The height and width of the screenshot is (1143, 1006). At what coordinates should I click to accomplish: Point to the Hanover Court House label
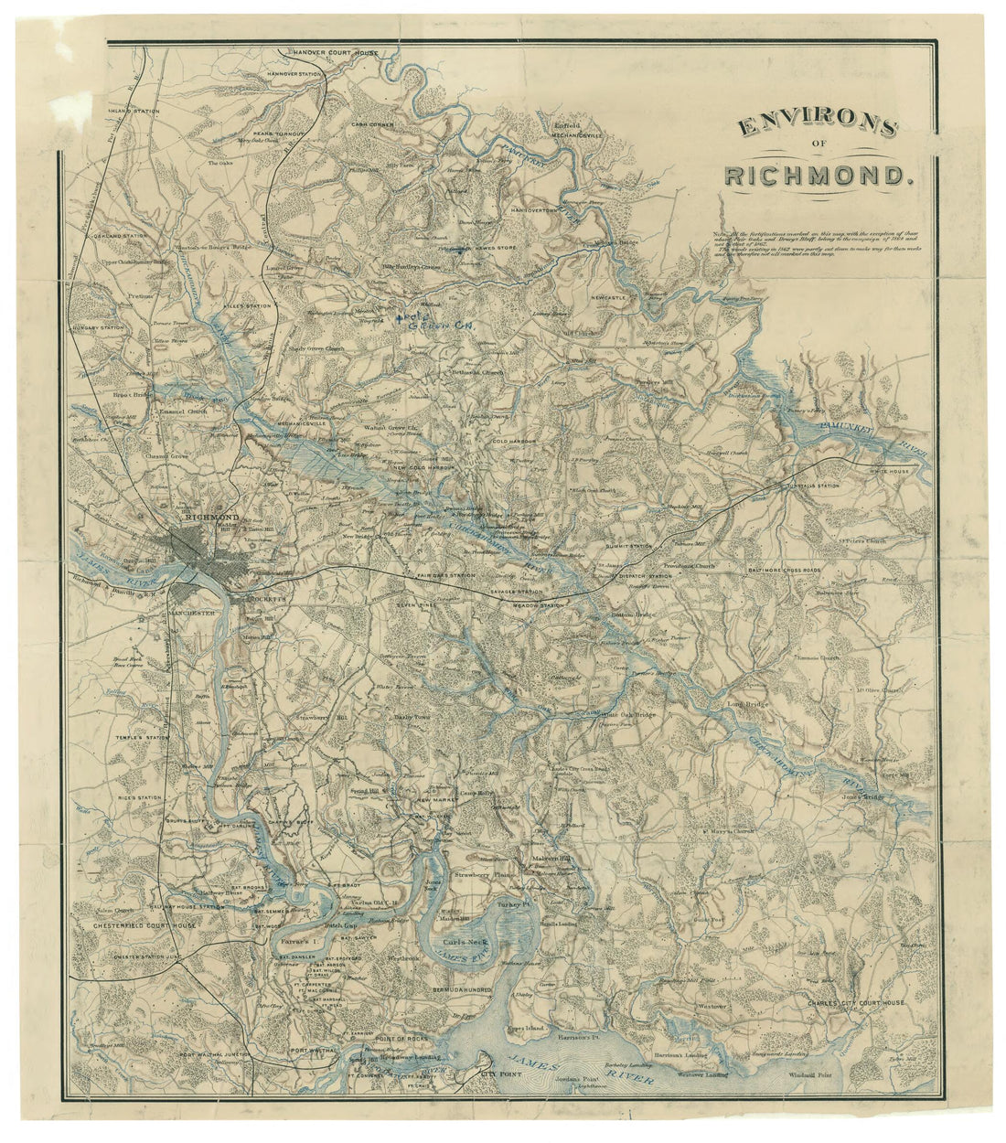329,52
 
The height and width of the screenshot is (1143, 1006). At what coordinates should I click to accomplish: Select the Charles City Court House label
855,1002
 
